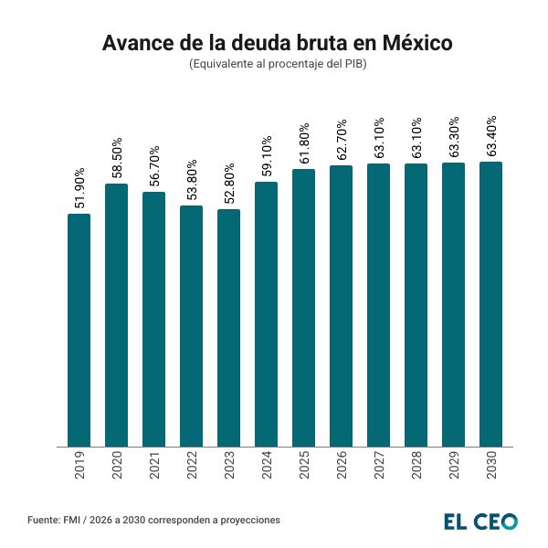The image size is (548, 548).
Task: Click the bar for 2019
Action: coord(79,330)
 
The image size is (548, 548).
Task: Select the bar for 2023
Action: coord(228,328)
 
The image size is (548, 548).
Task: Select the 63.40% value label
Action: coord(490,136)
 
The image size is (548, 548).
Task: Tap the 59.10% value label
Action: coord(266,156)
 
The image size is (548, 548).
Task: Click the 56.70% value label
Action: coord(154,166)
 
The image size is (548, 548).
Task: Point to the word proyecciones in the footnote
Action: coord(248,520)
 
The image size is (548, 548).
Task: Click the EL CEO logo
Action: coord(480,521)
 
